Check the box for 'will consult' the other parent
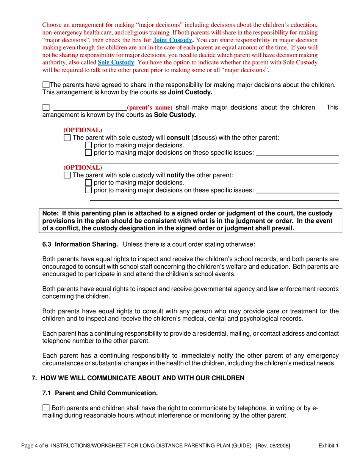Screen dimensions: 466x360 click(x=67, y=138)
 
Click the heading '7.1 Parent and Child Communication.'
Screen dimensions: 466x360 click(x=100, y=393)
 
